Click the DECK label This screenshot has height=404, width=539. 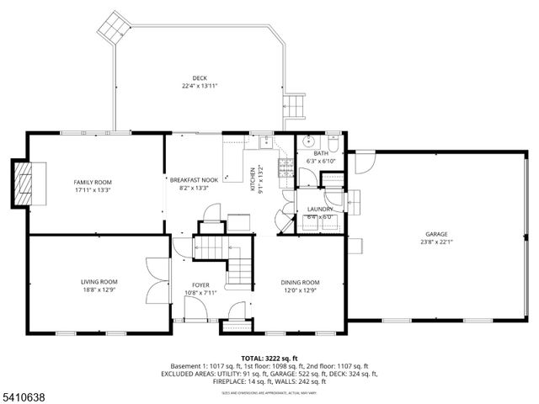(x=200, y=78)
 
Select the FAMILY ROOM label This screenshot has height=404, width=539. (x=93, y=182)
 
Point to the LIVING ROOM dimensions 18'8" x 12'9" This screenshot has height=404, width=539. (x=99, y=290)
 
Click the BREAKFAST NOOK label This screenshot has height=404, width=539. (x=194, y=180)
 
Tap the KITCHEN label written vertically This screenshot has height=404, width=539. (x=252, y=178)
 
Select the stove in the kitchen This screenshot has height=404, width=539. (x=285, y=165)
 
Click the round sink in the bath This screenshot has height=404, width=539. (x=308, y=141)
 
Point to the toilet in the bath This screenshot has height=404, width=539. (x=334, y=140)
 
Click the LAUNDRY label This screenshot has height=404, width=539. (x=320, y=209)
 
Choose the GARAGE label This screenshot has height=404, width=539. (x=435, y=234)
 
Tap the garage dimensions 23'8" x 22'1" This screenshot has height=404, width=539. (x=435, y=242)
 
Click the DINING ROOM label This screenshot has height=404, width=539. (x=300, y=282)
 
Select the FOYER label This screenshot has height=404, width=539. (x=200, y=285)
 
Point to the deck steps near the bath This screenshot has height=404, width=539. (x=295, y=107)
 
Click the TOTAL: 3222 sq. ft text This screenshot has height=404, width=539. (x=269, y=358)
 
